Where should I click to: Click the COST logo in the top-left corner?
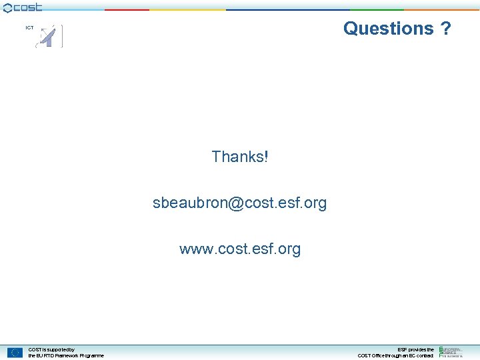coord(23,7)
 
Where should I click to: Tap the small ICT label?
coord(29,28)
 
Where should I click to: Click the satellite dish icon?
coord(48,37)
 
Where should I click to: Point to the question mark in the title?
coord(445,29)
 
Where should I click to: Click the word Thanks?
coord(237,157)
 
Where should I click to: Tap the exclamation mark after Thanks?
coord(266,157)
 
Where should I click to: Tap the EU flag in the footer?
coord(15,352)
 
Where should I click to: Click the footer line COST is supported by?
coord(51,349)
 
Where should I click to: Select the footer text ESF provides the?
coord(415,349)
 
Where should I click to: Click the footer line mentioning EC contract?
coord(395,355)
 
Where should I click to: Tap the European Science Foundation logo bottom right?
coord(451,351)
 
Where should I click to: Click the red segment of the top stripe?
coord(127,9)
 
